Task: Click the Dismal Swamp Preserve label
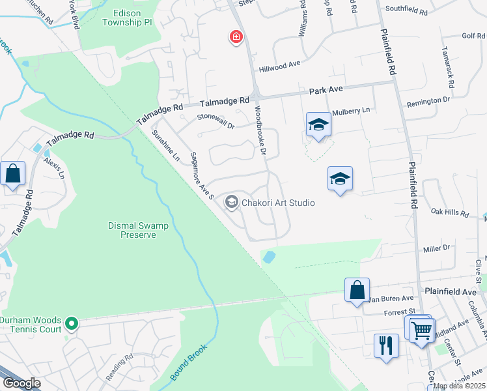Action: (x=138, y=230)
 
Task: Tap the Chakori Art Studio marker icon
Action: (x=231, y=203)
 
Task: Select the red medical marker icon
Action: (x=236, y=37)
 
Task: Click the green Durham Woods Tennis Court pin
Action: (x=72, y=323)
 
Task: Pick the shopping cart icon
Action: (x=421, y=330)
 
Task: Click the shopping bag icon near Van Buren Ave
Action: (x=357, y=290)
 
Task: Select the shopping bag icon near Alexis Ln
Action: (x=13, y=174)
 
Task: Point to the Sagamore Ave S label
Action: (x=201, y=175)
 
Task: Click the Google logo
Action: (x=21, y=383)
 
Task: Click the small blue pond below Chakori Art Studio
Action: (x=268, y=257)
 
